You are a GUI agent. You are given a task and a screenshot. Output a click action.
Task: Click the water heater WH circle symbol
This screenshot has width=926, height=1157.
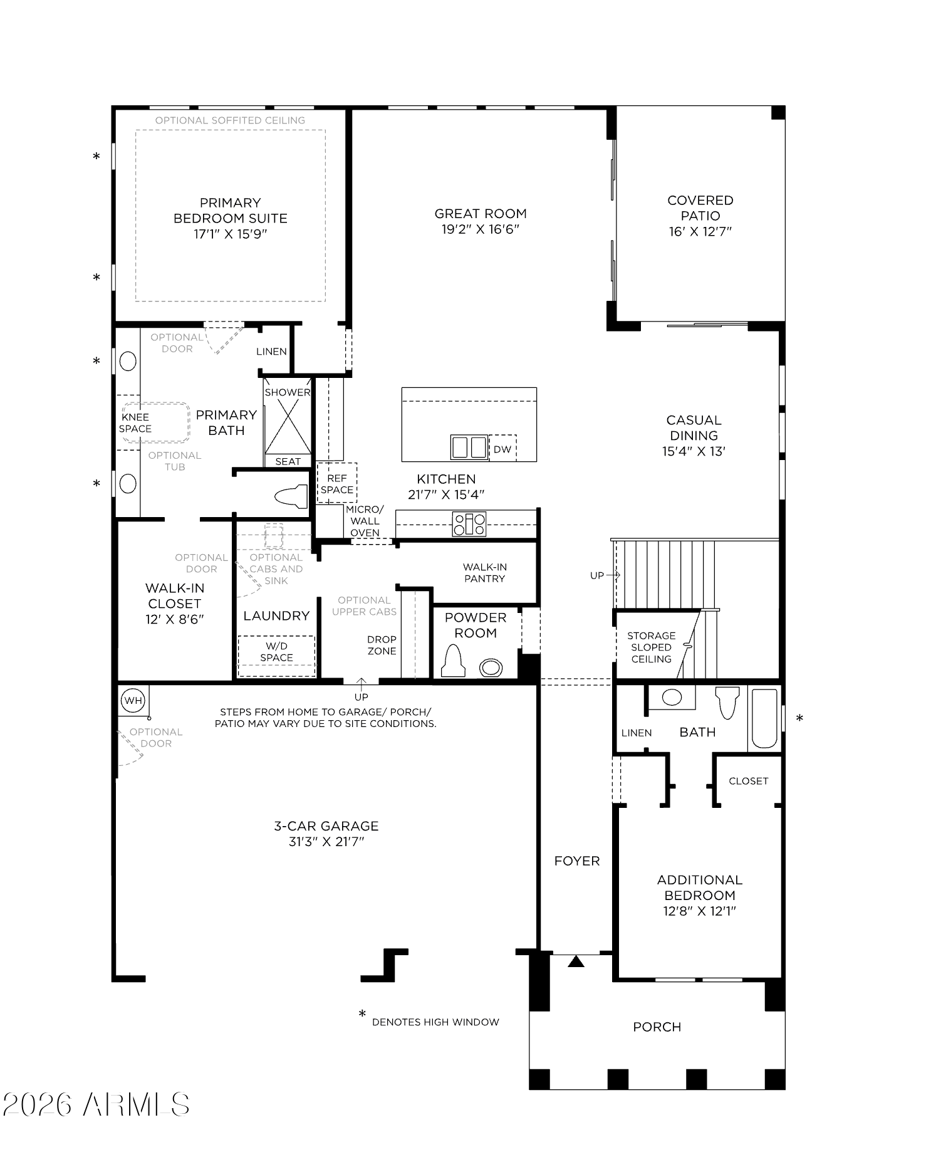(133, 701)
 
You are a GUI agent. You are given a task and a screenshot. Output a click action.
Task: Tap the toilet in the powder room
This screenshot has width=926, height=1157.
(453, 661)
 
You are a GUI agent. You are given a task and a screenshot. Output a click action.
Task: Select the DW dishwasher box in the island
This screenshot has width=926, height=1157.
(502, 449)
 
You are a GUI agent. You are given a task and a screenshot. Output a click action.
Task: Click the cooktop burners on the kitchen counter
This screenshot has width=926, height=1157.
(469, 524)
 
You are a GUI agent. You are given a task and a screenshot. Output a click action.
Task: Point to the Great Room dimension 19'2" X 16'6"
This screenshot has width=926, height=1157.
(481, 229)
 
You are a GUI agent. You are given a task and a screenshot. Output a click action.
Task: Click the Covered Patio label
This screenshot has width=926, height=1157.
(700, 208)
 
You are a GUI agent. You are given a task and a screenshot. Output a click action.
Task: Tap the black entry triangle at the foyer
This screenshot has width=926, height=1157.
(576, 961)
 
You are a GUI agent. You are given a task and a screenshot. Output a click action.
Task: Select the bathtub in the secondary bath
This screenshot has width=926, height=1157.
(764, 718)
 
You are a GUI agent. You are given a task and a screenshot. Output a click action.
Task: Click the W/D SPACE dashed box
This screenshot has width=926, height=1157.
(276, 652)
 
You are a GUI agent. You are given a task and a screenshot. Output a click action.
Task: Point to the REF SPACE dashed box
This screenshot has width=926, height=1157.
(337, 483)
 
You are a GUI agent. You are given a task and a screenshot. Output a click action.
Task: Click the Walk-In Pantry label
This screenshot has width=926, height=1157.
(484, 573)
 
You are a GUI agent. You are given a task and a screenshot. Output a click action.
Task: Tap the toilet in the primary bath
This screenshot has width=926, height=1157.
(291, 496)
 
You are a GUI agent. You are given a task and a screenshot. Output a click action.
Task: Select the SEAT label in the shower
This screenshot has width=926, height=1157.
(288, 461)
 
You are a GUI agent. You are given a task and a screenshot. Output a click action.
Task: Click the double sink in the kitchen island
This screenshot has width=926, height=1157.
(469, 448)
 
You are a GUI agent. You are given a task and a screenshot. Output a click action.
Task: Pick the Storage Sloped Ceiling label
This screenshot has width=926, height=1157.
(651, 647)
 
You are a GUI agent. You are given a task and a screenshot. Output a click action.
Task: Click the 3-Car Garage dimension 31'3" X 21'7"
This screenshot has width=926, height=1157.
(326, 842)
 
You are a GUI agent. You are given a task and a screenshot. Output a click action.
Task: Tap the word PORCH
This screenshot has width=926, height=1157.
(657, 1027)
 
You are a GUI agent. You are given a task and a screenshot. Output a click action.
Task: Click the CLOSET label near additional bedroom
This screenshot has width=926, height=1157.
(748, 781)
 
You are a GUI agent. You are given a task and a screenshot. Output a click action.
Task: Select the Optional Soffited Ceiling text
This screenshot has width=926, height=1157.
(230, 120)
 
